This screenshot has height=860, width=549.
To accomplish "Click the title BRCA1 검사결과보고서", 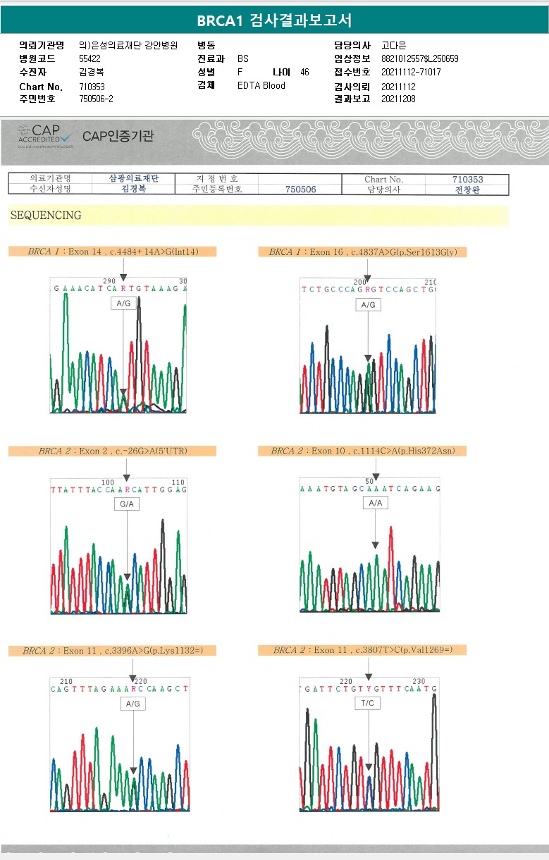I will point(274,20).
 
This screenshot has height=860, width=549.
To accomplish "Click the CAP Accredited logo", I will point(45,135).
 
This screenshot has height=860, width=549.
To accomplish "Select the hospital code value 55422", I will point(90,59).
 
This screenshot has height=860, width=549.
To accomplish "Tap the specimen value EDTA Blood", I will point(261,86).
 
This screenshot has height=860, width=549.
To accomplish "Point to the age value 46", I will point(304,73).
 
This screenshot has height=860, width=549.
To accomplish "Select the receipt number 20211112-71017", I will point(411,73).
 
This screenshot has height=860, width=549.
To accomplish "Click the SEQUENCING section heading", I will point(46,216).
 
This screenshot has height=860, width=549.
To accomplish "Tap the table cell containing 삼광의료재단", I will point(134,179).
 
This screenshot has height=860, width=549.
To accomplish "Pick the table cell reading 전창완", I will point(467,189).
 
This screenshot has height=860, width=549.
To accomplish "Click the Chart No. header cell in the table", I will point(384,180).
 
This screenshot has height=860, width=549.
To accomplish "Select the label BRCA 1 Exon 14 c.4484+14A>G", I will point(113,251).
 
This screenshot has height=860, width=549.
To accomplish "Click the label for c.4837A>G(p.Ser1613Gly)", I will point(362,251).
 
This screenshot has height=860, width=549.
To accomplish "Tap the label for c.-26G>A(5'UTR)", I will point(113,451).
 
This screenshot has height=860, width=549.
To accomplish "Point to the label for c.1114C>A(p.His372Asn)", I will point(362,451).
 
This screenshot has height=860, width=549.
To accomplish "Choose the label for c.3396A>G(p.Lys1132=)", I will point(113,650).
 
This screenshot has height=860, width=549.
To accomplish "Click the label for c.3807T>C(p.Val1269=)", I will point(362,650).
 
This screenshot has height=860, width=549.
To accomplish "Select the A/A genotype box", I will point(375,503).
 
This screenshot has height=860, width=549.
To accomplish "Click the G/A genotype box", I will point(127,504).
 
